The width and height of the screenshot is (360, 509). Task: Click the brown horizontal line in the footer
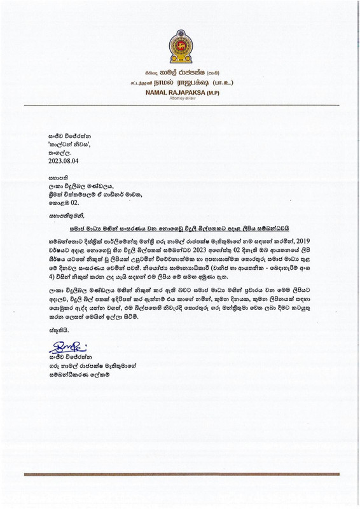(180, 473)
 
